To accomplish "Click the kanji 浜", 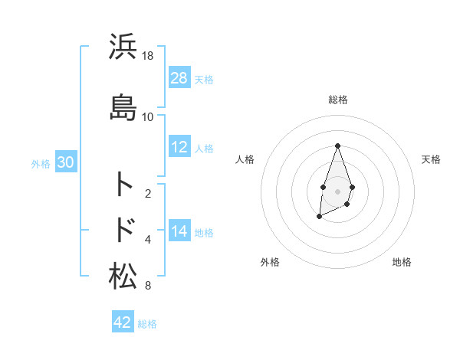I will [x=123, y=46].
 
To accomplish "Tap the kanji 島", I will [x=123, y=106].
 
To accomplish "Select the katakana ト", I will [x=123, y=184].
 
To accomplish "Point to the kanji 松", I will [x=123, y=276].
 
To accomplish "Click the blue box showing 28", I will [x=179, y=78].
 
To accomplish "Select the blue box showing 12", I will [x=179, y=147].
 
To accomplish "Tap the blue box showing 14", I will [x=179, y=231].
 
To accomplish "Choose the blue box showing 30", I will [x=65, y=163].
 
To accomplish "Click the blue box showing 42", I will [x=123, y=322].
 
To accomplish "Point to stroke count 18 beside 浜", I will [x=148, y=56].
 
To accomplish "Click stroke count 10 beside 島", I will [x=148, y=117].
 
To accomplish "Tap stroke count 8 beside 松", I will [x=148, y=286].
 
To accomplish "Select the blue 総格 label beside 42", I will [x=147, y=324].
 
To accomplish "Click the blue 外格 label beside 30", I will [x=41, y=164].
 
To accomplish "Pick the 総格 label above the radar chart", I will [x=337, y=100].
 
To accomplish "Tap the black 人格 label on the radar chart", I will [x=245, y=159].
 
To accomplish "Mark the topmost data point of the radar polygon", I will [x=337, y=146].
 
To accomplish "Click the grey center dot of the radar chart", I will [x=337, y=190].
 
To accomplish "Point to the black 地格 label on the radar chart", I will [x=402, y=262].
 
